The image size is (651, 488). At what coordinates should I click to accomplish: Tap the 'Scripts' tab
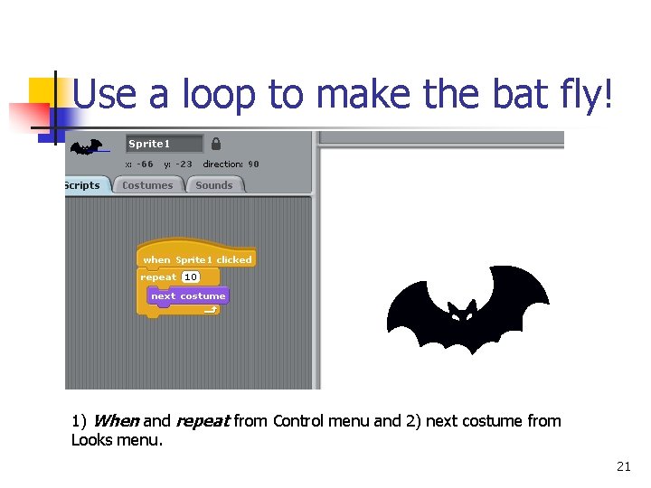click(83, 185)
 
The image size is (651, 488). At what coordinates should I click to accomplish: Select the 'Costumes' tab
click(147, 185)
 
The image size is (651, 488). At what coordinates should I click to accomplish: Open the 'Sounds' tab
click(214, 185)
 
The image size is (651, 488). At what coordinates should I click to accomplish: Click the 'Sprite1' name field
click(164, 144)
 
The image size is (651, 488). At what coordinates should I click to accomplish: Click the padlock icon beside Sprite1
click(216, 144)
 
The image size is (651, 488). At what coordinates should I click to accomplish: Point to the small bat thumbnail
click(87, 145)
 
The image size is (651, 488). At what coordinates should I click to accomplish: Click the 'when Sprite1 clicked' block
click(197, 259)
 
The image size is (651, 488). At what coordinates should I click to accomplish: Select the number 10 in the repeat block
click(191, 277)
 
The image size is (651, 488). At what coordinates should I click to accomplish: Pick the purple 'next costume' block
click(188, 296)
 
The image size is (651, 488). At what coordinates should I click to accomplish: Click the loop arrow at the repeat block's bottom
click(210, 310)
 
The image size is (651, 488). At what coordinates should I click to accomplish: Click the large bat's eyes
click(462, 314)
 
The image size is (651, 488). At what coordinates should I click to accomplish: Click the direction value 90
click(253, 164)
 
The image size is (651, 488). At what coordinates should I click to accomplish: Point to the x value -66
click(145, 164)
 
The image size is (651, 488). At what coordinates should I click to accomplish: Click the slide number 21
click(623, 466)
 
